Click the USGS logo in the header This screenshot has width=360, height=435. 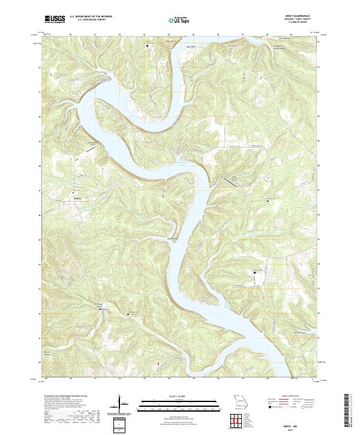click(x=55, y=20)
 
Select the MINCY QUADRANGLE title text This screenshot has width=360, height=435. click(x=303, y=16)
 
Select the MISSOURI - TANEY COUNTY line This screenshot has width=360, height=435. click(x=303, y=19)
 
